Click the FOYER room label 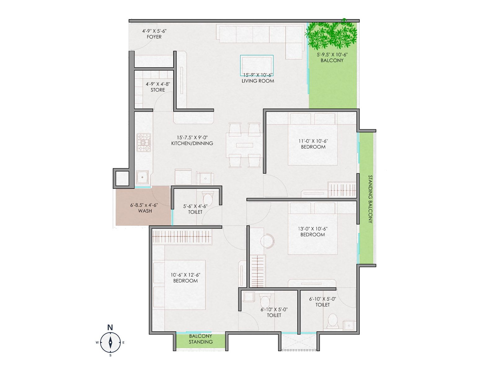tap(154, 37)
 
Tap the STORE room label tap(158, 90)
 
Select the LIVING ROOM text tap(258, 81)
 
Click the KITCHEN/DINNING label tap(192, 144)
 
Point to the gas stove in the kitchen tap(144, 143)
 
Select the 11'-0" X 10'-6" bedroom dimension tap(313, 141)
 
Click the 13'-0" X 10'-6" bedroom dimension tap(312, 228)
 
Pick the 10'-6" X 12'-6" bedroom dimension tap(185, 275)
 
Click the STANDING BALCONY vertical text tap(370, 199)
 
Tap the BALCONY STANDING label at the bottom tap(201, 339)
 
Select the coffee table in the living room tap(257, 65)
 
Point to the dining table tap(244, 145)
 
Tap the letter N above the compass tap(110, 327)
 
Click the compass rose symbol tap(110, 342)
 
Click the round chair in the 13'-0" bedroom tap(267, 241)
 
